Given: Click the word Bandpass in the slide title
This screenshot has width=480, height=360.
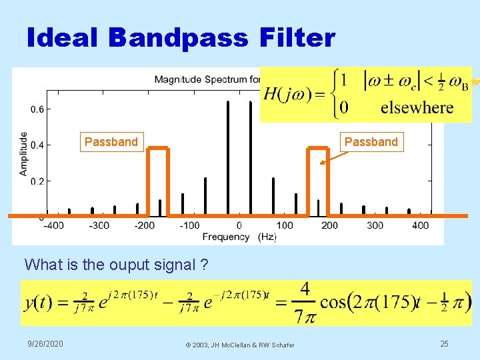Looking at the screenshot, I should tap(177, 39).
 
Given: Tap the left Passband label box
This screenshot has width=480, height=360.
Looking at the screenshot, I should tap(111, 141).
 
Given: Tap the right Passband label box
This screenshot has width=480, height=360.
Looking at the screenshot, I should tap(371, 141).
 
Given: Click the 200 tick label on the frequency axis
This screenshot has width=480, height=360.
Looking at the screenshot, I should tap(329, 225).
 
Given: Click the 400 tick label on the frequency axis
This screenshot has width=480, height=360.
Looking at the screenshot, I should tap(421, 225).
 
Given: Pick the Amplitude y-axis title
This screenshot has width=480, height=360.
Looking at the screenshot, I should tap(23, 153).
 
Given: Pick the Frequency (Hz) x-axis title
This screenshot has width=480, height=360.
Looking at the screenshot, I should tap(239, 237).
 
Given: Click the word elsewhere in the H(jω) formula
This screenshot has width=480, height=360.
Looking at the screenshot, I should tap(417, 108).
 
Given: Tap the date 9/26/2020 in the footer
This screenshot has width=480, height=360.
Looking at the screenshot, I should tap(45, 343).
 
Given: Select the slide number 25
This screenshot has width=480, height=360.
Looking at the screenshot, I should tap(445, 343).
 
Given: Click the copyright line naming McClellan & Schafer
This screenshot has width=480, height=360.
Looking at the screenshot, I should tap(240, 344).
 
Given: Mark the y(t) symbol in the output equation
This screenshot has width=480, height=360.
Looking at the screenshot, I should tap(39, 302).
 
